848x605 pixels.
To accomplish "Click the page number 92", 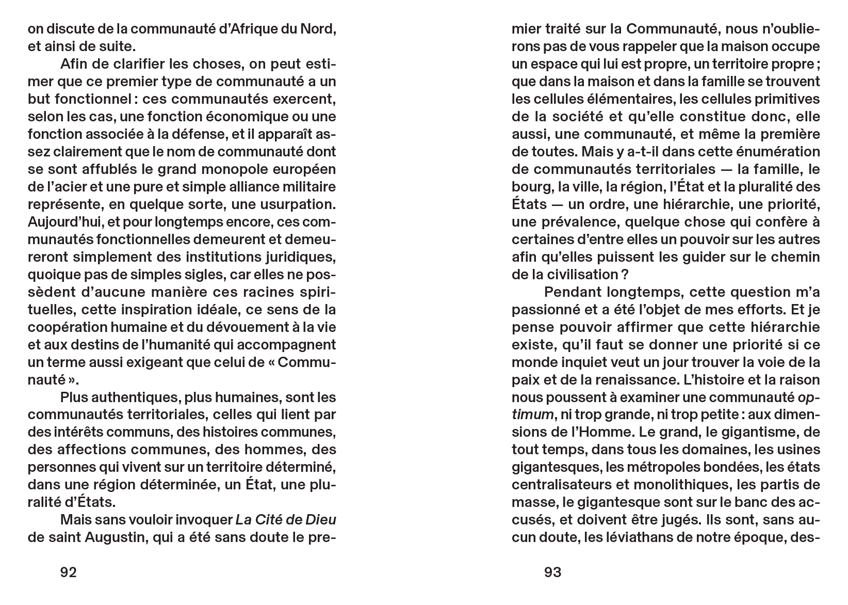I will click(69, 572).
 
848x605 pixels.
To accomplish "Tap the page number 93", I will click(552, 572).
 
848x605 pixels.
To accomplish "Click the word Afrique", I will click(248, 29).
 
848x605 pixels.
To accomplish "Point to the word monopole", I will click(214, 169).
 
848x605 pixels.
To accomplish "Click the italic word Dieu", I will click(321, 520).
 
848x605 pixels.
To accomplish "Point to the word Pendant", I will click(573, 292).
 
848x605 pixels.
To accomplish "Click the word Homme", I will click(597, 433).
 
